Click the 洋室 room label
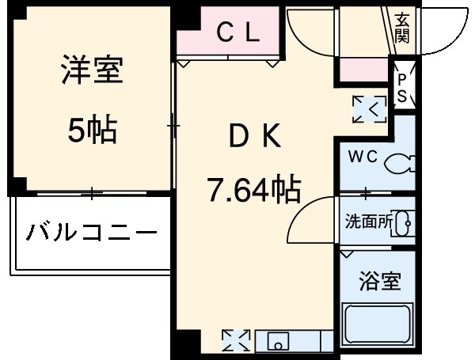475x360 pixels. [x=92, y=72]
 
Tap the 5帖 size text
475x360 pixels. [x=92, y=129]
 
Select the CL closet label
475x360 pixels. [x=238, y=32]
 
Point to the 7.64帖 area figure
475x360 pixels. [x=253, y=189]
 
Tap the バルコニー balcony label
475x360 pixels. [x=92, y=233]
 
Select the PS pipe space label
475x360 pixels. [x=402, y=88]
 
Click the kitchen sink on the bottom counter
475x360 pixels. [x=278, y=342]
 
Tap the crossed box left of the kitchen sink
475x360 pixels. [x=235, y=341]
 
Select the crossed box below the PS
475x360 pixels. [x=370, y=108]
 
